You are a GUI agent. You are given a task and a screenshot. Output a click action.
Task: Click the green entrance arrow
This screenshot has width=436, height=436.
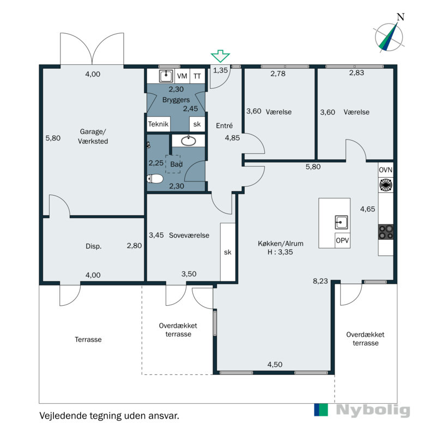220,56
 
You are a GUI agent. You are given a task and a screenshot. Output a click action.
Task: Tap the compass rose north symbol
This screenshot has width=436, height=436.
389,36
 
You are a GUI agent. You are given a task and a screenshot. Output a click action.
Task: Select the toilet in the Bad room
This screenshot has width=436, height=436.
155,179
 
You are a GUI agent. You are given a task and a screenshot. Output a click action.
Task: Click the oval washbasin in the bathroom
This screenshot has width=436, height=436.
189,141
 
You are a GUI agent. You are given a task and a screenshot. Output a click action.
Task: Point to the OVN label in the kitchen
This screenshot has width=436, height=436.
386,170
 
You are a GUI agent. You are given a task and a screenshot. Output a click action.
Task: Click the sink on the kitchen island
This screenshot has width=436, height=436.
341,222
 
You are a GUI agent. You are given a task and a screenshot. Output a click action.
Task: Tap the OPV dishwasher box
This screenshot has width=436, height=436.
342,240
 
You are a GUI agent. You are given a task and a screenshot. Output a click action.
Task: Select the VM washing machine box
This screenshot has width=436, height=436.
182,76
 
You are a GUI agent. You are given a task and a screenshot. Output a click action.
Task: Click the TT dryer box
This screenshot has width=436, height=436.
197,76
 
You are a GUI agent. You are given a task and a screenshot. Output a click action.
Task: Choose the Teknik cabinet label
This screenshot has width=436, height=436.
158,124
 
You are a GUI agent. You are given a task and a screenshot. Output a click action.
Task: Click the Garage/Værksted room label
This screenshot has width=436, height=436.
93,136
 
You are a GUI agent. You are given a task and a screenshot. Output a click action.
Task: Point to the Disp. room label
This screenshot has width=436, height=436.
93,246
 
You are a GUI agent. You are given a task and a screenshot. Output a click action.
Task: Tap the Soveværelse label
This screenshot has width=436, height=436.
189,235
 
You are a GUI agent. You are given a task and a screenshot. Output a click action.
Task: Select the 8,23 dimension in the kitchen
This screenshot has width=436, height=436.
320,281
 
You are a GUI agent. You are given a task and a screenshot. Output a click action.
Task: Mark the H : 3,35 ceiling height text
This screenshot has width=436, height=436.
280,252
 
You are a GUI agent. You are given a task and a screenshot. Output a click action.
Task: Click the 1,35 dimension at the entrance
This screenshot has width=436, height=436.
220,70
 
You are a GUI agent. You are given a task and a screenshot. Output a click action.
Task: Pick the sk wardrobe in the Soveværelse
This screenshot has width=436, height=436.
228,252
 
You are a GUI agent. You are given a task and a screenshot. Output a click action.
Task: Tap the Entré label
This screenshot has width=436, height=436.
224,126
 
